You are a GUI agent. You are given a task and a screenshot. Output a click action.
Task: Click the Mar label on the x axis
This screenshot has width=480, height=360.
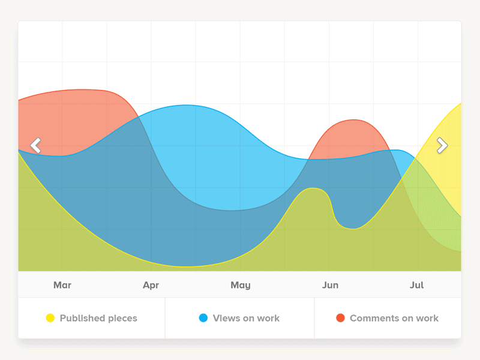pyautogui.click(x=62, y=285)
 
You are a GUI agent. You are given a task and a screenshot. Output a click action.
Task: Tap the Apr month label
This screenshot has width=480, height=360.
pyautogui.click(x=151, y=285)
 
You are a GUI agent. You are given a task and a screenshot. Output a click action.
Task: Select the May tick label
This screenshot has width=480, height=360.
pyautogui.click(x=240, y=285)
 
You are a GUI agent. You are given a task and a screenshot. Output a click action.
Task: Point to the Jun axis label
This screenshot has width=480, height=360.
pyautogui.click(x=330, y=285)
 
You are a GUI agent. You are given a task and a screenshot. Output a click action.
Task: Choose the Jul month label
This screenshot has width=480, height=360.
pyautogui.click(x=416, y=285)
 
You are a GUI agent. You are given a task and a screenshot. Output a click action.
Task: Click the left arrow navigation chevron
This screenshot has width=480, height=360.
pyautogui.click(x=36, y=145)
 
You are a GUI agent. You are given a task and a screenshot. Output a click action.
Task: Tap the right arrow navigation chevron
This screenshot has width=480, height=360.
pyautogui.click(x=442, y=145)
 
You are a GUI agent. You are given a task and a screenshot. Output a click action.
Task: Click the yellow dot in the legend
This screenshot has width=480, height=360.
pyautogui.click(x=50, y=318)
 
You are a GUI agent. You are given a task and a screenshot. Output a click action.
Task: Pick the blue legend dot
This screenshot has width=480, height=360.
pyautogui.click(x=203, y=318)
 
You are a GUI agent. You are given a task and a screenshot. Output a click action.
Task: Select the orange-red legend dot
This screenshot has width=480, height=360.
pyautogui.click(x=340, y=318)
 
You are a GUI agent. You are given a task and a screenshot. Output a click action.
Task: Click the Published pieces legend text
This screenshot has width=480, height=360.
pyautogui.click(x=98, y=318)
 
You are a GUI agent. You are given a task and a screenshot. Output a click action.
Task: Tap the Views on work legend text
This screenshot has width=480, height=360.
pyautogui.click(x=247, y=318)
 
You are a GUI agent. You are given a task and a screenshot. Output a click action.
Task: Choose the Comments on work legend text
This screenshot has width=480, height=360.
pyautogui.click(x=394, y=318)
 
